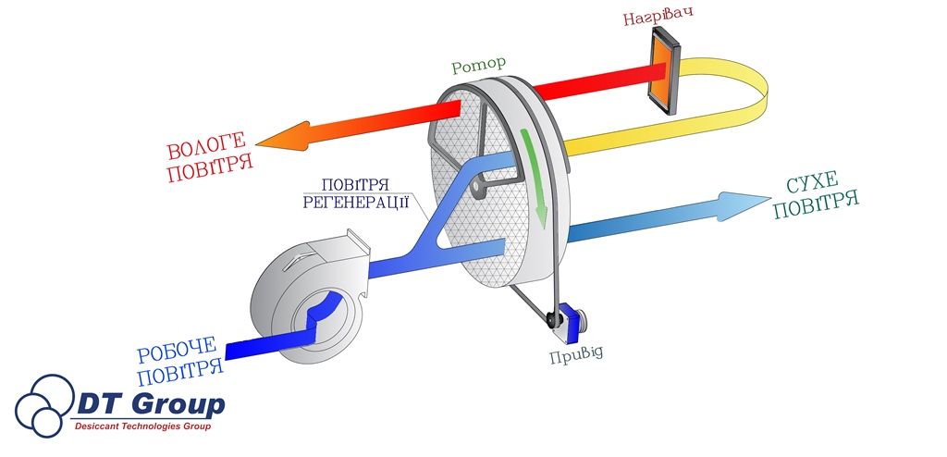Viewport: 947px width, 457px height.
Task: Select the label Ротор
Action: [479, 67]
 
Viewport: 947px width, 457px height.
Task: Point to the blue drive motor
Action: [576, 323]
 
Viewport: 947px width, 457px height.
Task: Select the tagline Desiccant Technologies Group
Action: [143, 427]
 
